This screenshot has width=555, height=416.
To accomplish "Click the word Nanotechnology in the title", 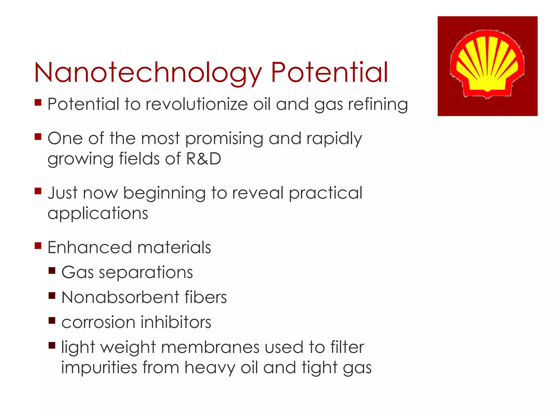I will coord(148,73).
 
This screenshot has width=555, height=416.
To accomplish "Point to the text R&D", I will coord(204,159).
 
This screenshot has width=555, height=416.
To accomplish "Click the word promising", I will coord(224,139).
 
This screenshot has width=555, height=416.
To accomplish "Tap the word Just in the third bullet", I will coord(63,193).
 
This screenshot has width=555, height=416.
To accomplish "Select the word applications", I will coord(98,214).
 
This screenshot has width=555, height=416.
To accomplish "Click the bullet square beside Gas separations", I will coord(52,271).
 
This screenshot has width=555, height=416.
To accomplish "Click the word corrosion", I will coord(98,323).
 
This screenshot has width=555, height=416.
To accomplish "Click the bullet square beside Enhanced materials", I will coord(38,246).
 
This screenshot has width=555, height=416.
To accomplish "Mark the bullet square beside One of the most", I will coord(38,136).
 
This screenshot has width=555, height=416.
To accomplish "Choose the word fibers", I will coord(205,297).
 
